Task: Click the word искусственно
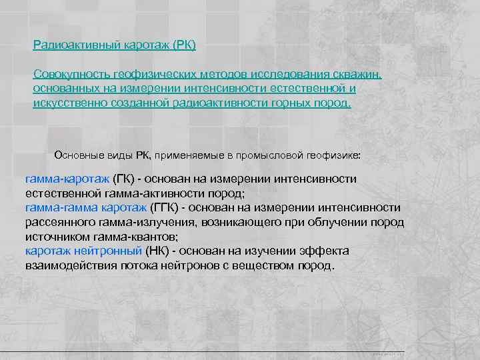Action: (67, 103)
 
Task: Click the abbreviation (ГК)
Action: (124, 179)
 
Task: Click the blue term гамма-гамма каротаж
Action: (86, 207)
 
